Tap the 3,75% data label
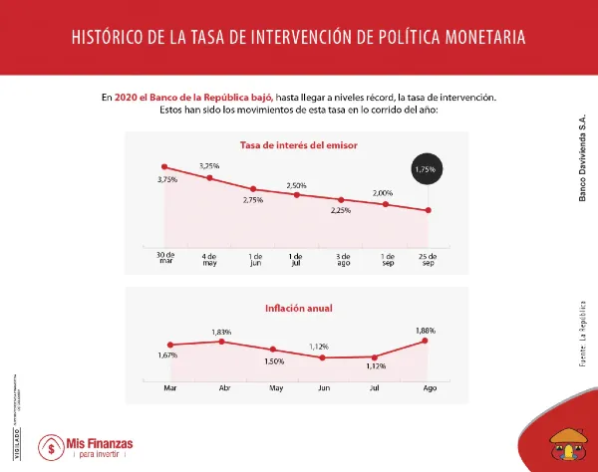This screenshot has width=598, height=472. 166,179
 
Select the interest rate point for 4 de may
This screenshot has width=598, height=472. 209,178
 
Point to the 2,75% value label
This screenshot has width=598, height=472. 253,200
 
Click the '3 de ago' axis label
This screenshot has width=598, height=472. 342,259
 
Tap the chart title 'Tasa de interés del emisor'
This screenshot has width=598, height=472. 299,145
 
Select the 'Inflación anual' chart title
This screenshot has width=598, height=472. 298,308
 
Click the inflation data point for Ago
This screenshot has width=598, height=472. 427,341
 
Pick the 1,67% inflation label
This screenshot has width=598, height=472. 167,355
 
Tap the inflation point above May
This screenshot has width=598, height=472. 273,350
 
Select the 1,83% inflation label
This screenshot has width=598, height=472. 221,331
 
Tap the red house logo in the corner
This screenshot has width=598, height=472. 568,449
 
